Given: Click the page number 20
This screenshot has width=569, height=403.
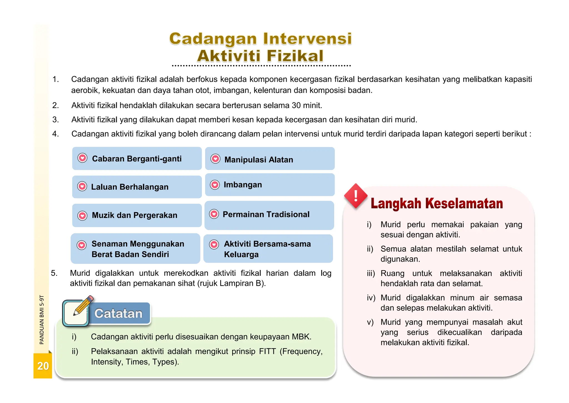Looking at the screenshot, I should pyautogui.click(x=43, y=366).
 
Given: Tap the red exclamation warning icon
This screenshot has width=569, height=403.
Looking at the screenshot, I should pyautogui.click(x=356, y=196).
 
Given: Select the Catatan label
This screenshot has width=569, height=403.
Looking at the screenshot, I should pyautogui.click(x=118, y=314).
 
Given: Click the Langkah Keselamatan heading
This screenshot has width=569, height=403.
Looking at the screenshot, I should pyautogui.click(x=437, y=203).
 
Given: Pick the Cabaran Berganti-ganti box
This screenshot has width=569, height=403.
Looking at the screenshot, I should pyautogui.click(x=137, y=159).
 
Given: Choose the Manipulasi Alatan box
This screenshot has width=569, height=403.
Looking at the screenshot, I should pyautogui.click(x=269, y=159).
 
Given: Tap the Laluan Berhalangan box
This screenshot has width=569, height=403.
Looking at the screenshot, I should pyautogui.click(x=137, y=187).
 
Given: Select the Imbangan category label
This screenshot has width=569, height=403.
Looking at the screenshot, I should pyautogui.click(x=243, y=185).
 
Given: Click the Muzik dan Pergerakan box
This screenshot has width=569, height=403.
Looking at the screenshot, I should pyautogui.click(x=137, y=215).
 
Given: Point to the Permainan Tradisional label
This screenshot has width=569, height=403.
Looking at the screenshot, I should pyautogui.click(x=266, y=214).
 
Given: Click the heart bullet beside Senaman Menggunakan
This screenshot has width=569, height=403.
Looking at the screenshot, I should pyautogui.click(x=81, y=245).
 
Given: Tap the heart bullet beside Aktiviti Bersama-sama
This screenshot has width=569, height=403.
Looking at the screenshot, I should pyautogui.click(x=214, y=244).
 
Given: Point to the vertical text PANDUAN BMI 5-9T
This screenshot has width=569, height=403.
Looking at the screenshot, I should pyautogui.click(x=42, y=320).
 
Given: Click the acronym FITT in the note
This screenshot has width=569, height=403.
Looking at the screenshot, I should pyautogui.click(x=268, y=352).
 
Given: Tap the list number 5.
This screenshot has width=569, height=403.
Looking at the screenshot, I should pyautogui.click(x=54, y=273).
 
